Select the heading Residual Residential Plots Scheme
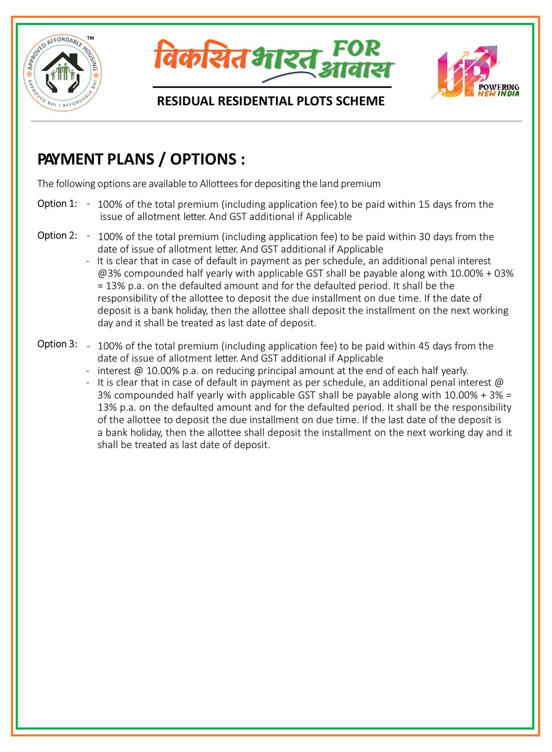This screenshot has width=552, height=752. point(271,101)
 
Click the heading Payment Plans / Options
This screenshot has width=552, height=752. point(141,160)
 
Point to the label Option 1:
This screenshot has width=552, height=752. point(57,204)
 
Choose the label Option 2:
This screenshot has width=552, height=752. point(57,235)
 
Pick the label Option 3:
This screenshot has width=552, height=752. point(57,344)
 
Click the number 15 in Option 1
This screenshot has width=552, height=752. point(424,205)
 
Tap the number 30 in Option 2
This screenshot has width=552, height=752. point(425,237)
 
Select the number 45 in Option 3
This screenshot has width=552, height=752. point(425,346)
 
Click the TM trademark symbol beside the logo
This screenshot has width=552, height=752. point(91,37)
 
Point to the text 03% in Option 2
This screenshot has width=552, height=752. point(503,273)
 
